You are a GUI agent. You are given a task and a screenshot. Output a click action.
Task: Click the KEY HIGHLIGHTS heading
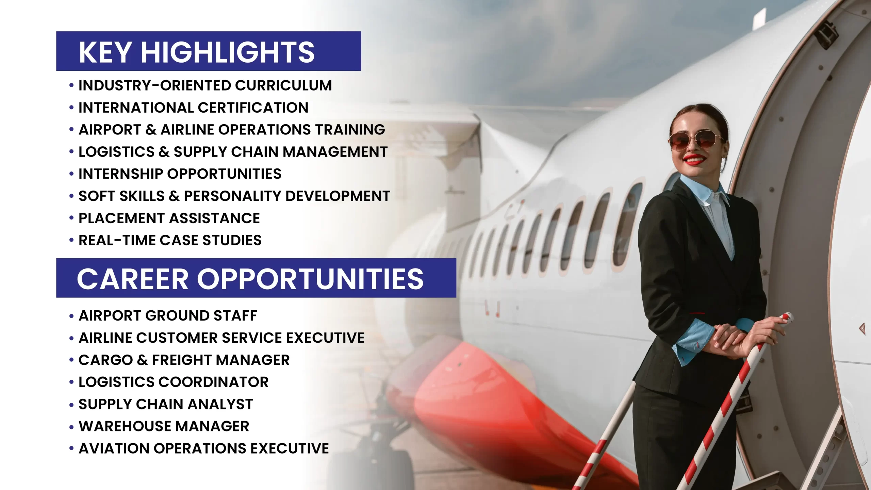coord(197,52)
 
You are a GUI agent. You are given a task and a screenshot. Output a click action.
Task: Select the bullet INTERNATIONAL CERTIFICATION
coord(193,108)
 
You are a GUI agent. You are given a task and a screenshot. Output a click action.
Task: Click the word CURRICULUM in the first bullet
coord(283,85)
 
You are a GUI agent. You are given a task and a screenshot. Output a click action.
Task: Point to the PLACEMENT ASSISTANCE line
coord(169,218)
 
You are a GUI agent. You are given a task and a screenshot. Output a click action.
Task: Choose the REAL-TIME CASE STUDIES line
coord(170,240)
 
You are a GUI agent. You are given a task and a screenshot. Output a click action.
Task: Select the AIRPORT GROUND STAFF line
coord(168,316)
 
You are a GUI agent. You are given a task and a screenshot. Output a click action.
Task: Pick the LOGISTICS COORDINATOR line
coord(174,382)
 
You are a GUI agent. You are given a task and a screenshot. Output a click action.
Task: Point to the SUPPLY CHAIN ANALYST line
coord(166,404)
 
